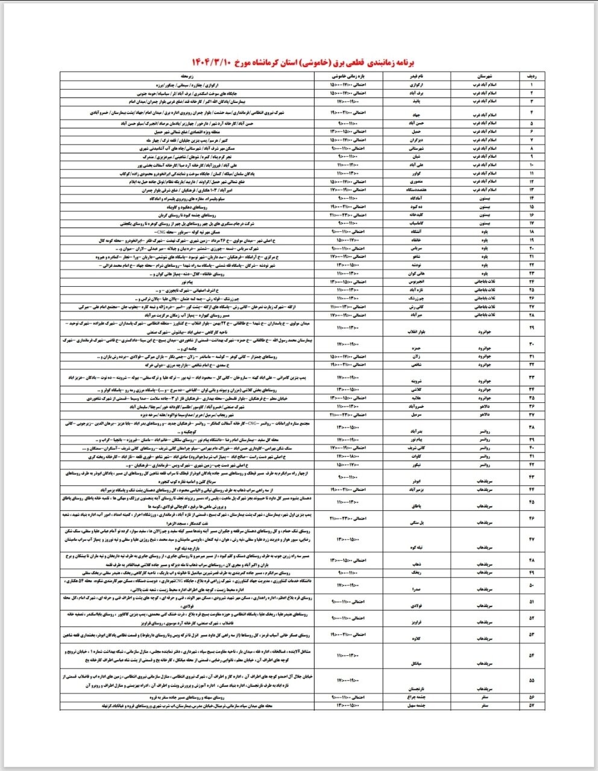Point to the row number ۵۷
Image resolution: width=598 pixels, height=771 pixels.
point(532,705)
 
